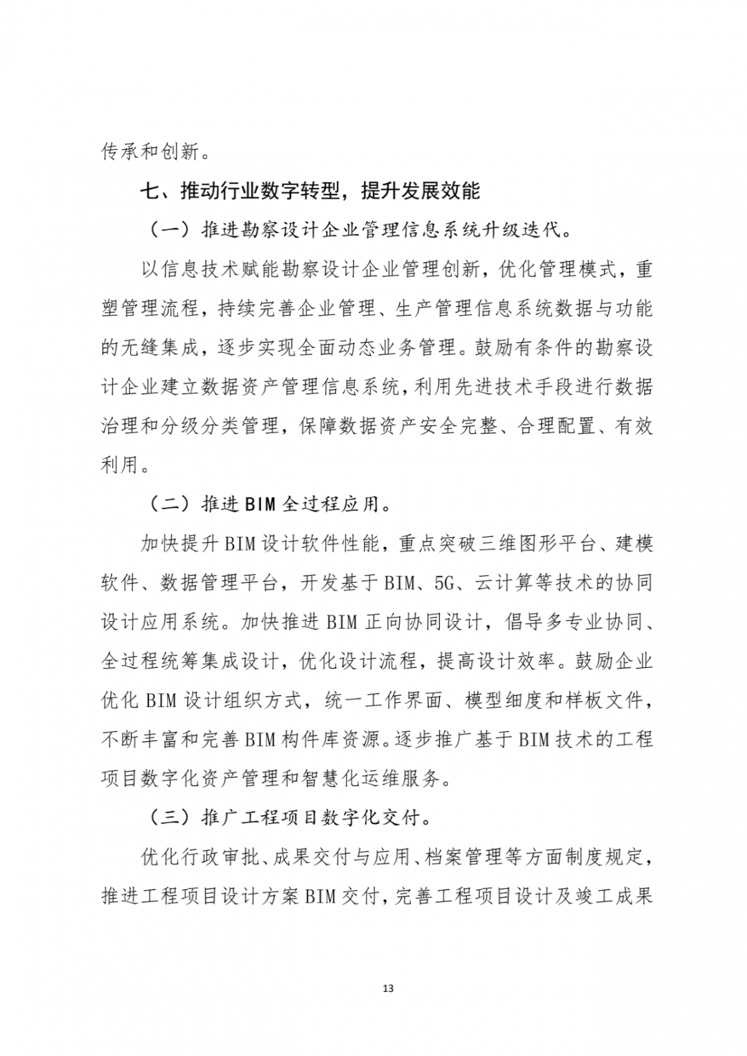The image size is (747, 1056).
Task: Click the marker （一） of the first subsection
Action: pyautogui.click(x=170, y=230)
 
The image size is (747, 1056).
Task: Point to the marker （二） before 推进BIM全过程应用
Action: pyautogui.click(x=170, y=504)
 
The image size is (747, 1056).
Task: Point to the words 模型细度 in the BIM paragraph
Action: pyautogui.click(x=503, y=700)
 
